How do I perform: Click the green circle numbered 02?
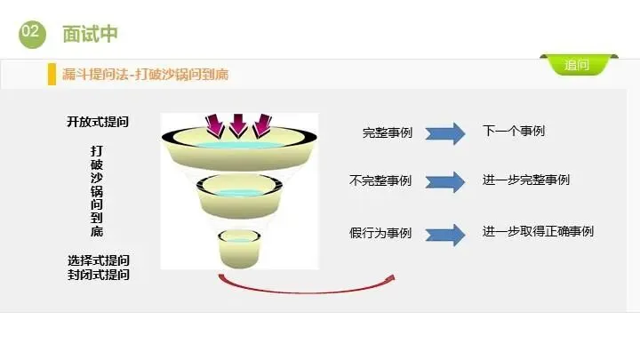click(31, 32)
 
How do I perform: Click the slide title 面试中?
click(90, 34)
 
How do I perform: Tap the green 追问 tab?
click(576, 65)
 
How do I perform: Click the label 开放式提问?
click(98, 122)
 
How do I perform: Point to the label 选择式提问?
click(98, 260)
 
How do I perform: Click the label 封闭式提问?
click(98, 275)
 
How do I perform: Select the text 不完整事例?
click(380, 180)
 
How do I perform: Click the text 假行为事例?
click(380, 233)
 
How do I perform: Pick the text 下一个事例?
click(514, 132)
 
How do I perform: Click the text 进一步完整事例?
click(526, 180)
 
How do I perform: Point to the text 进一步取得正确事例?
click(538, 232)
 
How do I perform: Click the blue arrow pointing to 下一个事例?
click(445, 133)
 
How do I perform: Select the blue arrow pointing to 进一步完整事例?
click(445, 181)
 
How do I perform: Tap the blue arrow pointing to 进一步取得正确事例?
click(445, 235)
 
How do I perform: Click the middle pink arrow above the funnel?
click(238, 125)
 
